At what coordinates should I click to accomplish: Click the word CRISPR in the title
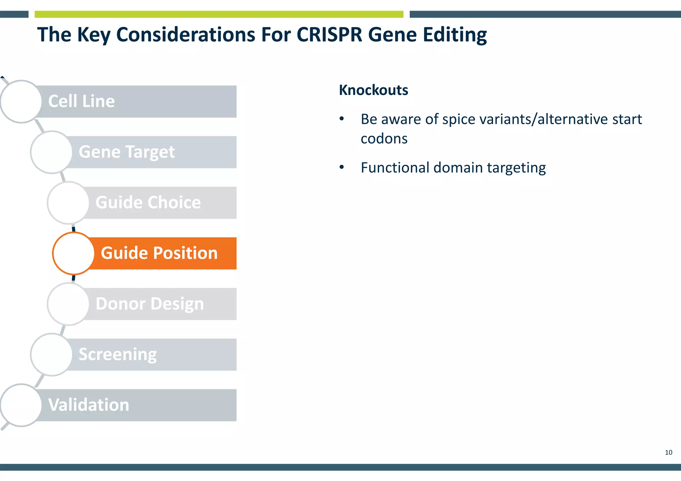pos(329,35)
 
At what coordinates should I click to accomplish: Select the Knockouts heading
pos(373,90)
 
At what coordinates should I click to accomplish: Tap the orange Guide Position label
pos(159,253)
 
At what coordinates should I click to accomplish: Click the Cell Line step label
pos(81,101)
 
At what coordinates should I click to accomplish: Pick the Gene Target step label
pos(127,152)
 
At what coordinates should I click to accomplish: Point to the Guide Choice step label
pos(148,203)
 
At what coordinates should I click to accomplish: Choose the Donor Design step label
pos(150,304)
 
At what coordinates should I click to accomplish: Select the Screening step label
pos(118,354)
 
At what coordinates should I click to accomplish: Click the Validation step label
pos(88,405)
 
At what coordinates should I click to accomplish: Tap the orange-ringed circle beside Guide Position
pos(73,253)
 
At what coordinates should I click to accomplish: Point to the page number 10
pos(668,452)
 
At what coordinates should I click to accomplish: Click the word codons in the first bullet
pos(384,139)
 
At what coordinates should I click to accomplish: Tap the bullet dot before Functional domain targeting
pos(342,167)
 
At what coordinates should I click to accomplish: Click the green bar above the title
pos(219,14)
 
